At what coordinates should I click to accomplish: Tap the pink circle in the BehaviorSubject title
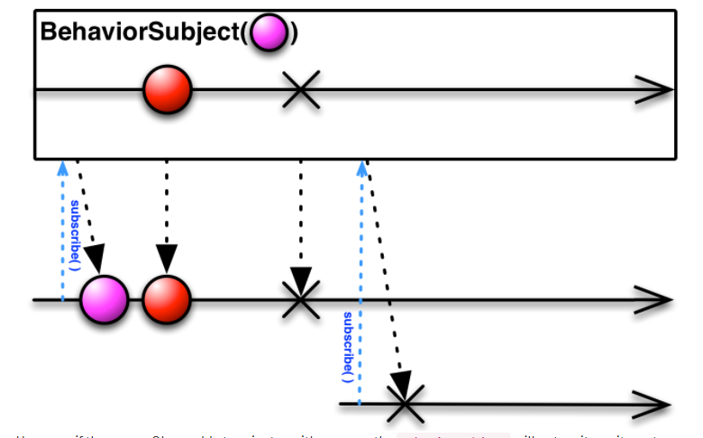click(x=269, y=33)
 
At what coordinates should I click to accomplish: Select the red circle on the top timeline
click(x=167, y=89)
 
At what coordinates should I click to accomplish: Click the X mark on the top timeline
click(x=301, y=90)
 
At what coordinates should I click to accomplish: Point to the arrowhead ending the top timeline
click(x=655, y=90)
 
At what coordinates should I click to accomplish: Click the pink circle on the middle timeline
click(x=105, y=299)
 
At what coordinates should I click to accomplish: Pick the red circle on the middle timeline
click(x=167, y=299)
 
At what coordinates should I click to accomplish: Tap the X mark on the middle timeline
click(x=301, y=299)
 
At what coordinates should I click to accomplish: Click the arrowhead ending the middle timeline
click(x=655, y=299)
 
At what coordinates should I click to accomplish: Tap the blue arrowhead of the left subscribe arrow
click(x=62, y=167)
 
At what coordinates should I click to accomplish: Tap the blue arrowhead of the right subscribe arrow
click(x=362, y=167)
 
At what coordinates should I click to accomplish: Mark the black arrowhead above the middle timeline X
click(x=301, y=278)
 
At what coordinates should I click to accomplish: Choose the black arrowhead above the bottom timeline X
click(x=400, y=380)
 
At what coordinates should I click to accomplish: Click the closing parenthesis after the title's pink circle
click(x=293, y=33)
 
